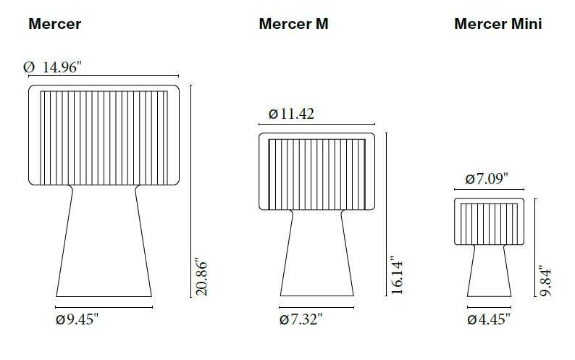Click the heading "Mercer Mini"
[498, 24]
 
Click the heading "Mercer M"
[293, 24]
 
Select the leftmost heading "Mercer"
[54, 24]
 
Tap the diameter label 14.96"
[53, 67]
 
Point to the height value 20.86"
[202, 276]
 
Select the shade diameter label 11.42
[291, 114]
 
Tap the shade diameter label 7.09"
[487, 178]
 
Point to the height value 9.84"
[547, 280]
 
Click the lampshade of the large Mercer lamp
[104, 135]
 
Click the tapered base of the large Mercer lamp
[104, 246]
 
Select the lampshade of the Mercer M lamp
[316, 172]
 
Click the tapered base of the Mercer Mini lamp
[490, 272]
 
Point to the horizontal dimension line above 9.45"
[104, 307]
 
